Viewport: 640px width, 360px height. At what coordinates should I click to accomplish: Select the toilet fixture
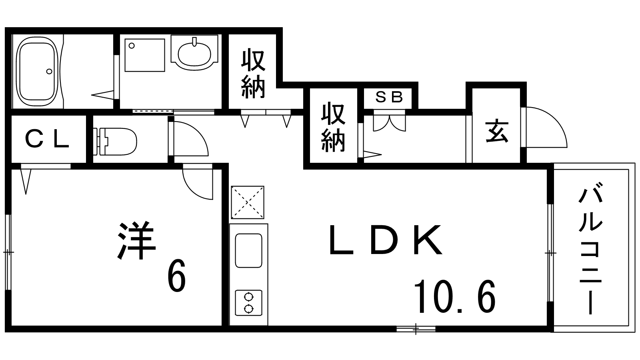tap(116, 141)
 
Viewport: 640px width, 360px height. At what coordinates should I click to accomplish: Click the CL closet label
tap(47, 140)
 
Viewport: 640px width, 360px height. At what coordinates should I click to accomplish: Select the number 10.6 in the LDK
tap(455, 297)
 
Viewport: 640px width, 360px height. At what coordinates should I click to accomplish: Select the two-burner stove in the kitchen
tap(249, 303)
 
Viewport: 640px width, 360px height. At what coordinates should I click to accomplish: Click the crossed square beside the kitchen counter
tap(247, 202)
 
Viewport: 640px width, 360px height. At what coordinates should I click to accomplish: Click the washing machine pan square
tap(144, 55)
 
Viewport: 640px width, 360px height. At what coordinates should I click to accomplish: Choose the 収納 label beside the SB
tap(333, 127)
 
